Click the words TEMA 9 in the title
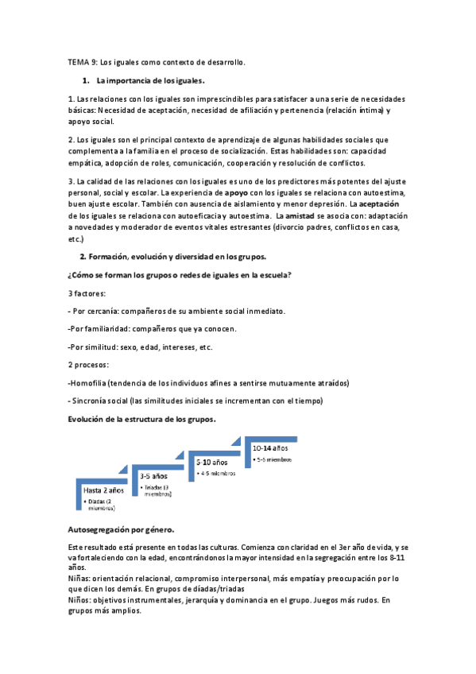80,62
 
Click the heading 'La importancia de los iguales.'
150,80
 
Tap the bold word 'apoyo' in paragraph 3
236,192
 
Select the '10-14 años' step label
270,448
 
